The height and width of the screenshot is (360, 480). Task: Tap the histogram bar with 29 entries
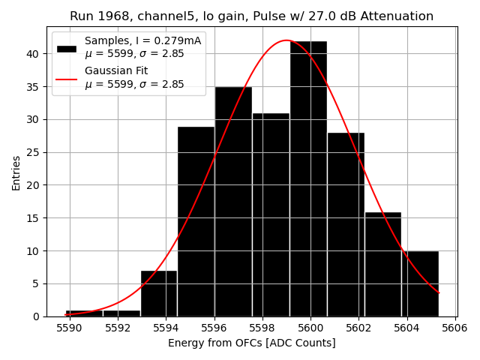196,221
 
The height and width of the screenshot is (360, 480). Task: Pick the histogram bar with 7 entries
159,293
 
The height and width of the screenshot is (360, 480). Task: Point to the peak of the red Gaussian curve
286,40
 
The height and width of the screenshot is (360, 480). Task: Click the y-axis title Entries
16,172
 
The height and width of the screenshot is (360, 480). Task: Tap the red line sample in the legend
66,78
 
